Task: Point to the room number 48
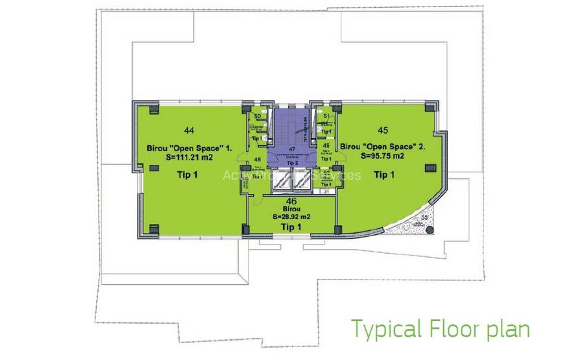click(x=258, y=160)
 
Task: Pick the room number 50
click(x=257, y=117)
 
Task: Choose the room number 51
click(x=326, y=117)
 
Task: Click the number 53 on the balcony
click(x=425, y=217)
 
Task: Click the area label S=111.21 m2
click(x=184, y=157)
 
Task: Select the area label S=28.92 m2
click(x=291, y=217)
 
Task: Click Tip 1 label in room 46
click(x=291, y=227)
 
